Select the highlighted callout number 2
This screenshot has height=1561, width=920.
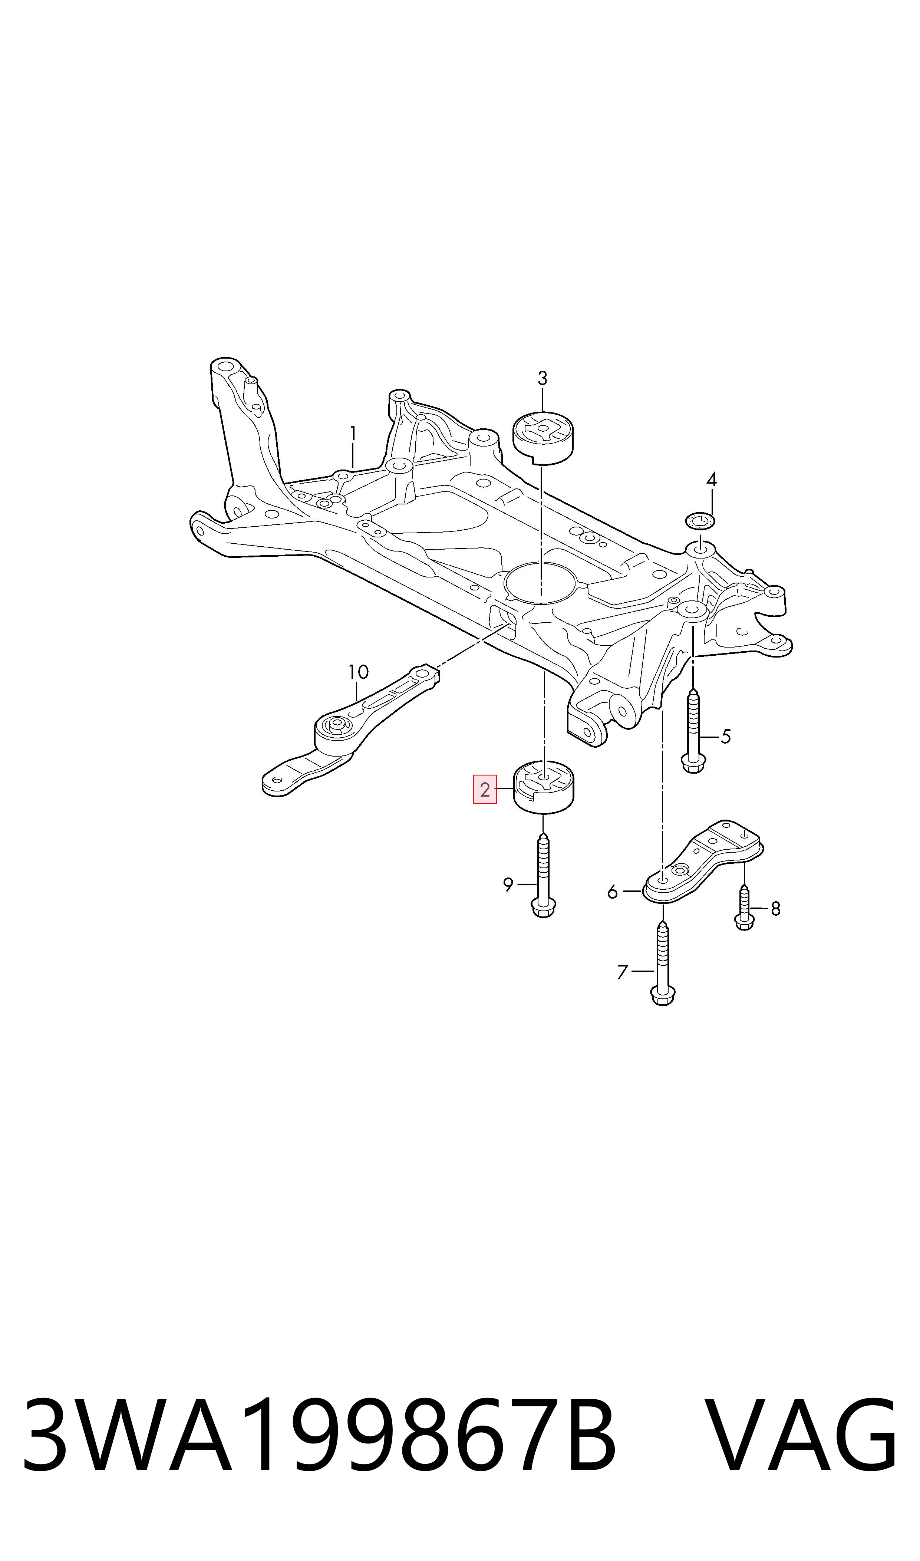(x=485, y=789)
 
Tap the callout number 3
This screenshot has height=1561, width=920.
(x=543, y=378)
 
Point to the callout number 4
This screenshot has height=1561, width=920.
(x=711, y=479)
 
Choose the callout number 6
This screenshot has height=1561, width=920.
(x=613, y=892)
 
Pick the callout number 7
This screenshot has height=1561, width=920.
(x=623, y=972)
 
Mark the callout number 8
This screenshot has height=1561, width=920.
(x=775, y=909)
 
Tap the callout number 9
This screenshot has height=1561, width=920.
(x=508, y=885)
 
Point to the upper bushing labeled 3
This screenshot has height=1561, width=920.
(x=543, y=437)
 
